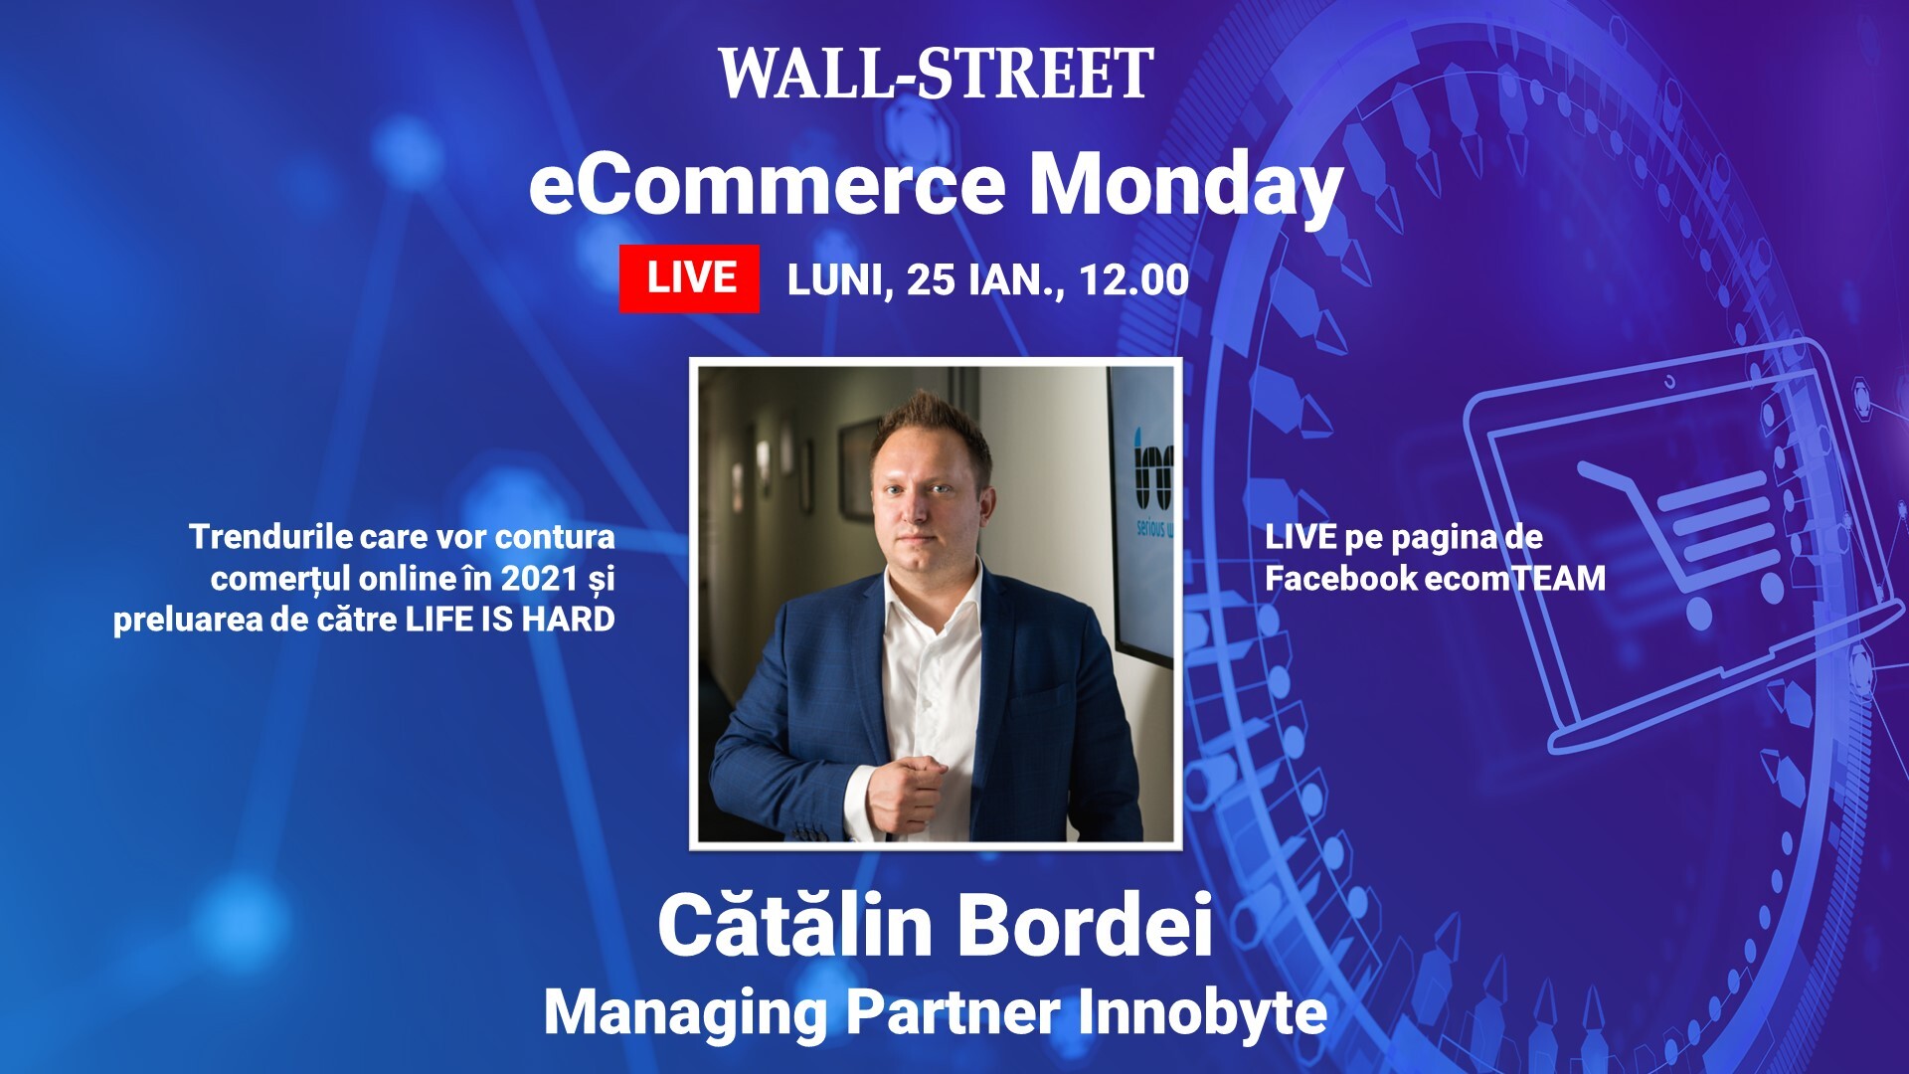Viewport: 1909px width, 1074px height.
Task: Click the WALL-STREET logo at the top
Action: pyautogui.click(x=935, y=74)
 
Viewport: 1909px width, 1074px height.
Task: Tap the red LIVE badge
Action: pyautogui.click(x=689, y=278)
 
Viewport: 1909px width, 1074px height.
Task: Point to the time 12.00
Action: pyautogui.click(x=1133, y=280)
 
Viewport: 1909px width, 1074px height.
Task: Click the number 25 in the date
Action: pyautogui.click(x=931, y=280)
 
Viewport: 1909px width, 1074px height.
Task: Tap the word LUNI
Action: pyautogui.click(x=833, y=280)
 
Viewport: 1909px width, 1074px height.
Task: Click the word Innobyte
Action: pyautogui.click(x=1202, y=1012)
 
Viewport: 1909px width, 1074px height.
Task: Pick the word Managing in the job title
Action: pyautogui.click(x=685, y=1012)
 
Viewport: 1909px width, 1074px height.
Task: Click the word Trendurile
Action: pyautogui.click(x=271, y=537)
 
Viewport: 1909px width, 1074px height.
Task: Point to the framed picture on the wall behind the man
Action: pyautogui.click(x=855, y=467)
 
